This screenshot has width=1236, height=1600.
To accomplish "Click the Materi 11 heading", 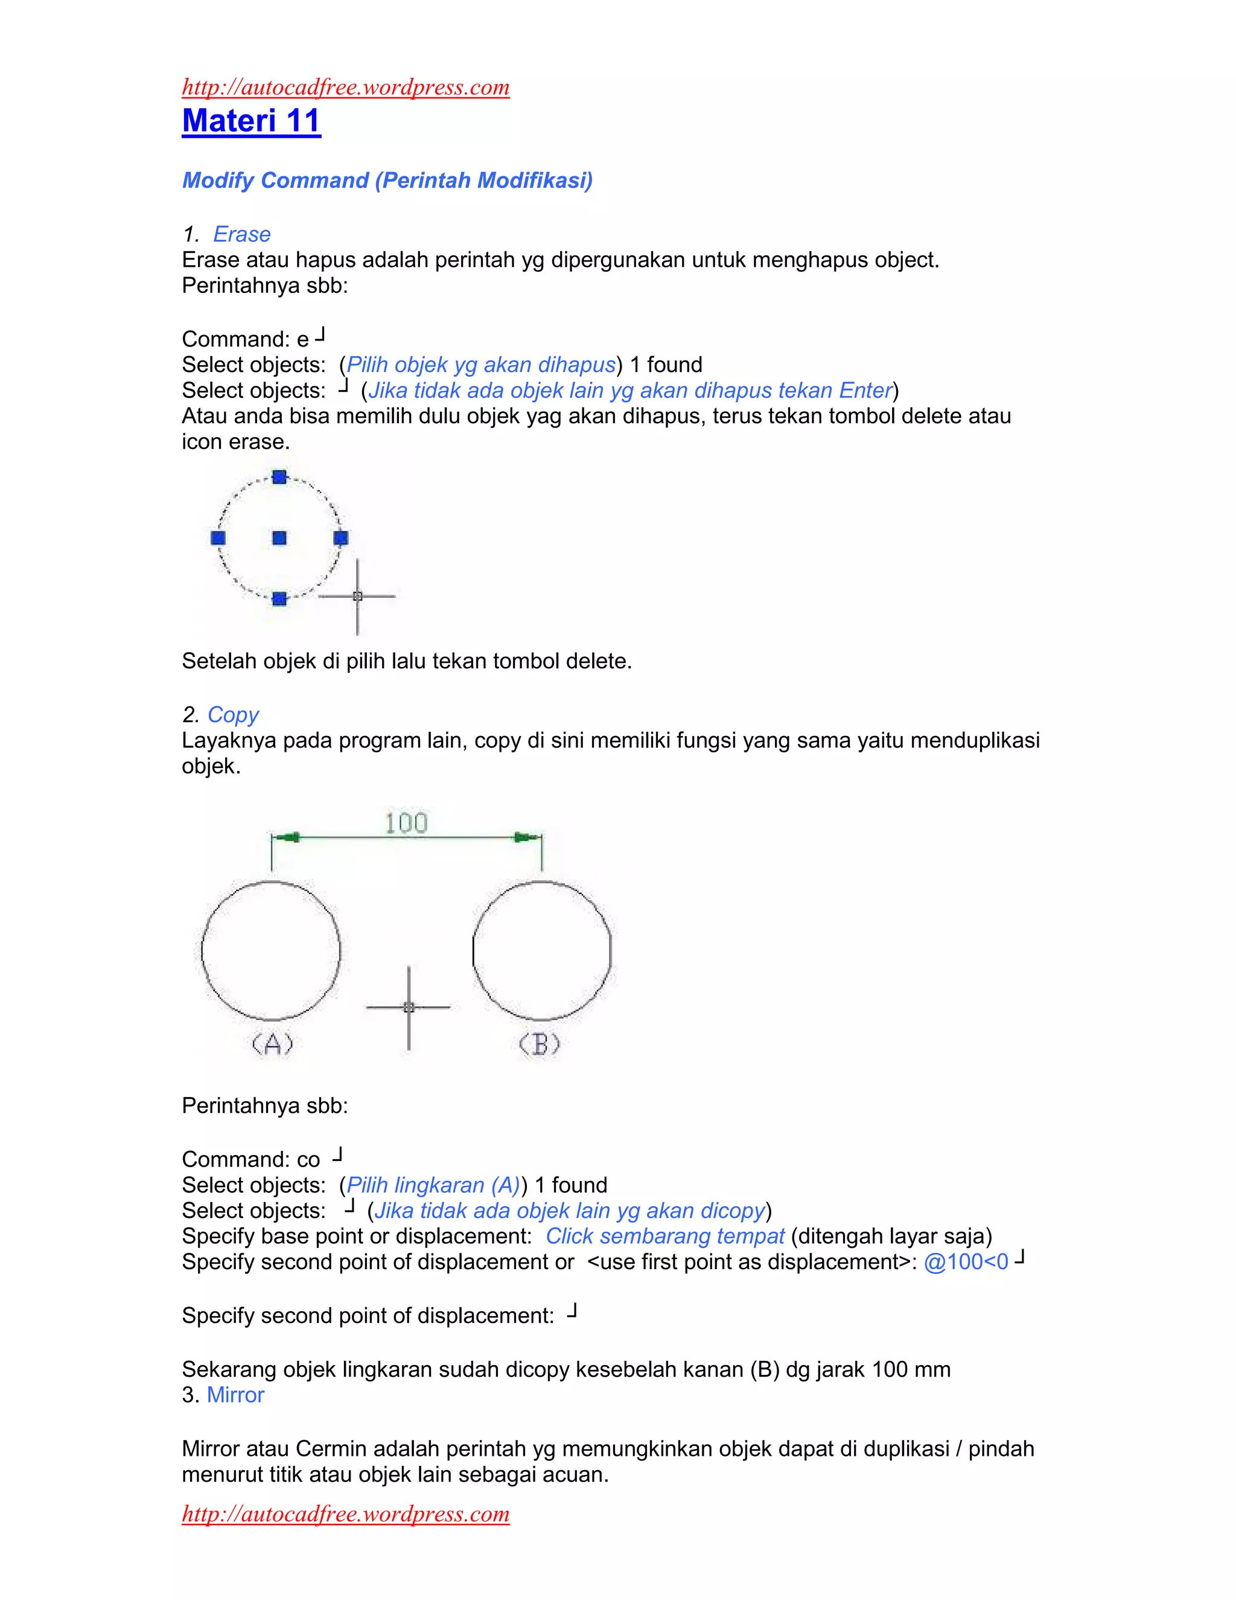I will [x=251, y=121].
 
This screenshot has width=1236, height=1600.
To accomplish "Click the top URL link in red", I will [x=346, y=87].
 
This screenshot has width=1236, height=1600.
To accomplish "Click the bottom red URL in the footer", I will [x=346, y=1514].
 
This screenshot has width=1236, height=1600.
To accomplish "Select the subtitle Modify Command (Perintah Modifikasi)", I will [x=387, y=180].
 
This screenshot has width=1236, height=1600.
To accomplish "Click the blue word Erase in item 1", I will [x=241, y=234].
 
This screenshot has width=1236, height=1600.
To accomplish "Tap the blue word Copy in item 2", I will [x=233, y=714].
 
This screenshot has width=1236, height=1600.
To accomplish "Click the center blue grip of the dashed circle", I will [x=279, y=538].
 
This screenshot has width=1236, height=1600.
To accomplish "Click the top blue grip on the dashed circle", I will [x=279, y=477].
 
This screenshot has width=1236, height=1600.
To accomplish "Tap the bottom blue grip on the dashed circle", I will [x=279, y=598].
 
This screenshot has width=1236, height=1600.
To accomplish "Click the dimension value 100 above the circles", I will [x=406, y=824].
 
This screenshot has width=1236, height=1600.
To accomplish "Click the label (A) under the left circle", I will [x=272, y=1043].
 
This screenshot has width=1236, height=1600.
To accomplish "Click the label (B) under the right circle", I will [x=540, y=1043].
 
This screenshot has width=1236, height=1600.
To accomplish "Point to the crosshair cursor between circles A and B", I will [x=409, y=1007].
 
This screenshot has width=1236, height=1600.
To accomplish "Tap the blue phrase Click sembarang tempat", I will [x=665, y=1236].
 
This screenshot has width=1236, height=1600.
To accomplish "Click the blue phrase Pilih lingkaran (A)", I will [x=433, y=1185].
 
